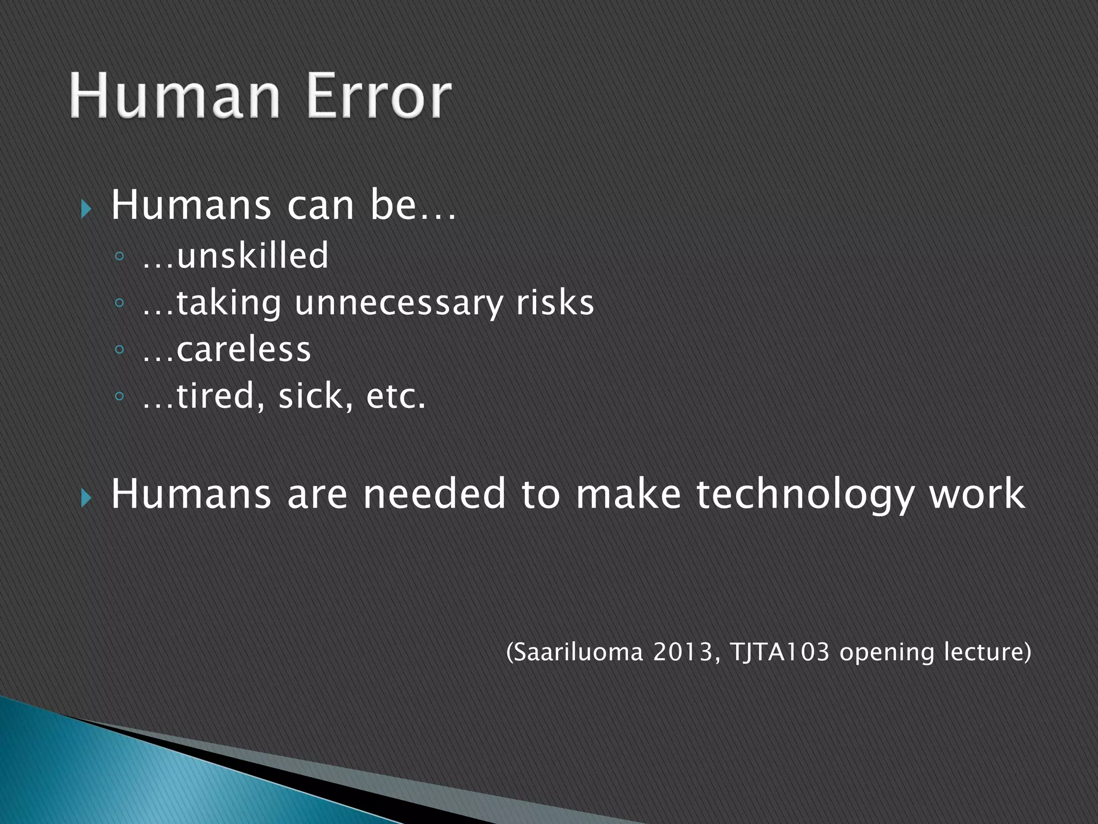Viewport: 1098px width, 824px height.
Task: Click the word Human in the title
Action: click(175, 97)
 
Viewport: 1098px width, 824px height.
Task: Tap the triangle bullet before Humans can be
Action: click(86, 209)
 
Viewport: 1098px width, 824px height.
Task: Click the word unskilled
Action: click(252, 255)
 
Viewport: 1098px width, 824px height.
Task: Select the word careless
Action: click(243, 350)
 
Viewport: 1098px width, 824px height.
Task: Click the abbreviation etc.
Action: click(396, 397)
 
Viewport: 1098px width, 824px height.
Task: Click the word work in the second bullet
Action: click(977, 494)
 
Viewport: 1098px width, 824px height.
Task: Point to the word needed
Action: click(434, 494)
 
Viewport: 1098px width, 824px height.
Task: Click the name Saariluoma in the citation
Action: click(577, 652)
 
